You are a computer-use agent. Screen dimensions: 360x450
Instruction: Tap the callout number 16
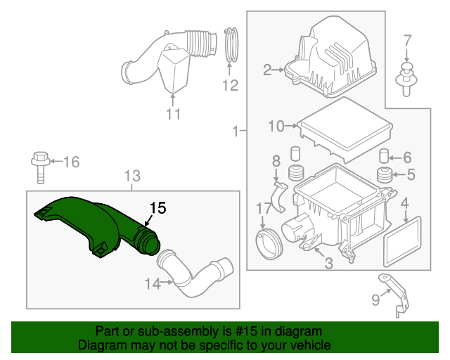click(71, 162)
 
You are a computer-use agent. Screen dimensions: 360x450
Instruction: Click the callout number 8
click(276, 161)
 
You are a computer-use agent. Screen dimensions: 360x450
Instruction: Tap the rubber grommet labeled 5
click(385, 175)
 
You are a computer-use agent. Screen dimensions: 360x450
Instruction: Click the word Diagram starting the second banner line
click(100, 345)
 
